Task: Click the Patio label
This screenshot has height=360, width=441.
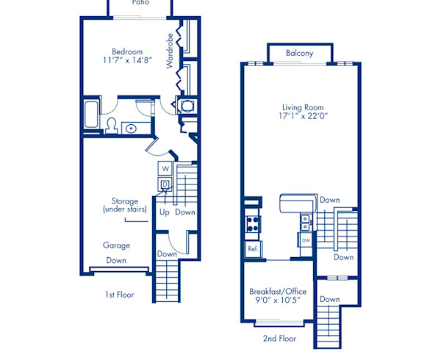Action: tap(140, 3)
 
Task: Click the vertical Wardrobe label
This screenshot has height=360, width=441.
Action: tap(170, 51)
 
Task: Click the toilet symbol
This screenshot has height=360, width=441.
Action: tap(112, 124)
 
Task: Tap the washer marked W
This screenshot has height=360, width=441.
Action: tap(165, 168)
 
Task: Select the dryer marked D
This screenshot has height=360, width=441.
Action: tap(165, 184)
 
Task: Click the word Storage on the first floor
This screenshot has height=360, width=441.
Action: tap(124, 201)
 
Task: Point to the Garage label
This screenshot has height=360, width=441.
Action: tap(116, 245)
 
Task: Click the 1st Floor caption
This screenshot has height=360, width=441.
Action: tap(118, 295)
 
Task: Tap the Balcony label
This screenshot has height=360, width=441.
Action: tap(299, 53)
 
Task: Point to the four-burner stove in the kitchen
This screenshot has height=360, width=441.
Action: tap(252, 223)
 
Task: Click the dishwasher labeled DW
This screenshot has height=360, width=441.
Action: tap(306, 240)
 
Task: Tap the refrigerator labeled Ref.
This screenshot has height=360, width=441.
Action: tap(252, 249)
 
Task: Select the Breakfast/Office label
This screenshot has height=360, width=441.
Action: tap(278, 291)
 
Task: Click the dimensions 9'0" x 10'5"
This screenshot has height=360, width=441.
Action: tap(278, 301)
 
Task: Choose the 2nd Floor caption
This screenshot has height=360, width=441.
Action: tap(279, 339)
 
